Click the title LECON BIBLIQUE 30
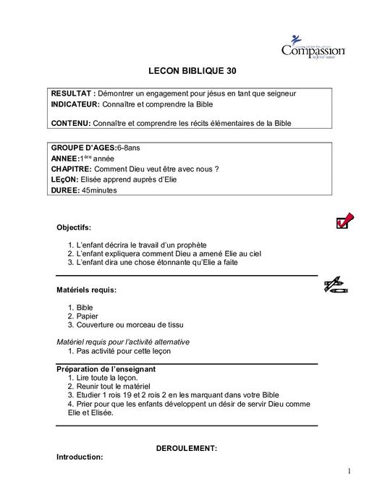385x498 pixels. [192, 72]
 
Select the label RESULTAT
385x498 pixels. [72, 94]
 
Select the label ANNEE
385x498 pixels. [65, 158]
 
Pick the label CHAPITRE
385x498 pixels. [72, 169]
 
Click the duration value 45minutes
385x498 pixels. [99, 190]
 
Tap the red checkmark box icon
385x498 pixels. [344, 221]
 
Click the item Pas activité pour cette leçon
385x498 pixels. [123, 350]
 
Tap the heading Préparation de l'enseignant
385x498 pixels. [106, 368]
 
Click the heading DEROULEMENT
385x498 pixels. [187, 448]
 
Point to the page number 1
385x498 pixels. [348, 472]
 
